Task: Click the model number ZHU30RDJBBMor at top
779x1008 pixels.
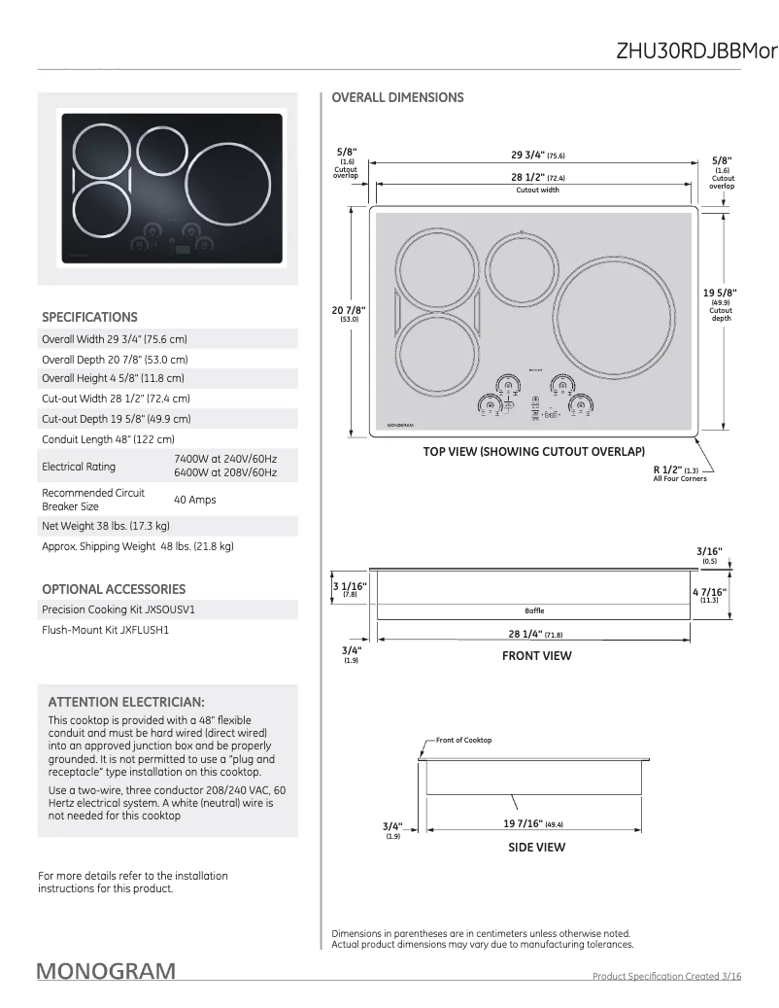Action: coord(696,52)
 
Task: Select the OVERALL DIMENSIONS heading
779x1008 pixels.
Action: coord(397,97)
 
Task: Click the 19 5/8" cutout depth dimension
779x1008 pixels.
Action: coord(720,293)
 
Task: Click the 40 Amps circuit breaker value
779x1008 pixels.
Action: coord(194,500)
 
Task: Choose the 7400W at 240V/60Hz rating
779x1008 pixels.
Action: coord(225,458)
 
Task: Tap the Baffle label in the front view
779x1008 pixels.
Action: coord(534,610)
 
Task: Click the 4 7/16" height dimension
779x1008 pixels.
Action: coord(708,592)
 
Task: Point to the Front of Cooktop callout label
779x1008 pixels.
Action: coord(463,740)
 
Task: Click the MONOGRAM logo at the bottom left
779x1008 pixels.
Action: coord(107,971)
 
